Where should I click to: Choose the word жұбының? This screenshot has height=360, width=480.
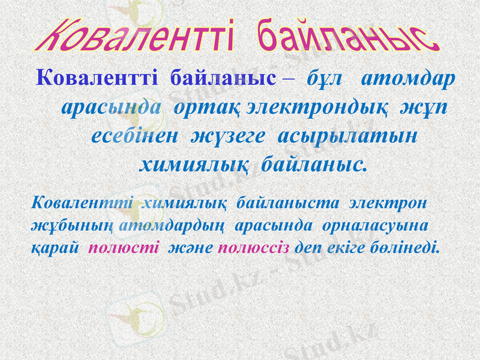(x=73, y=226)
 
